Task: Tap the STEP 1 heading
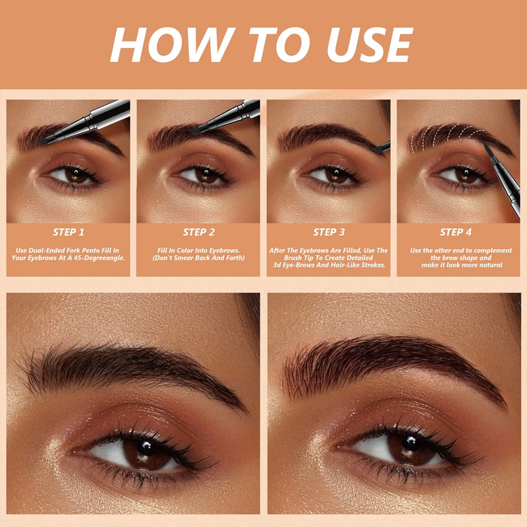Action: click(x=69, y=232)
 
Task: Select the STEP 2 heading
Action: click(x=199, y=232)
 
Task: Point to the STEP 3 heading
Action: click(x=329, y=232)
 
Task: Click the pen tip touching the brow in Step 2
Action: click(x=196, y=132)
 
